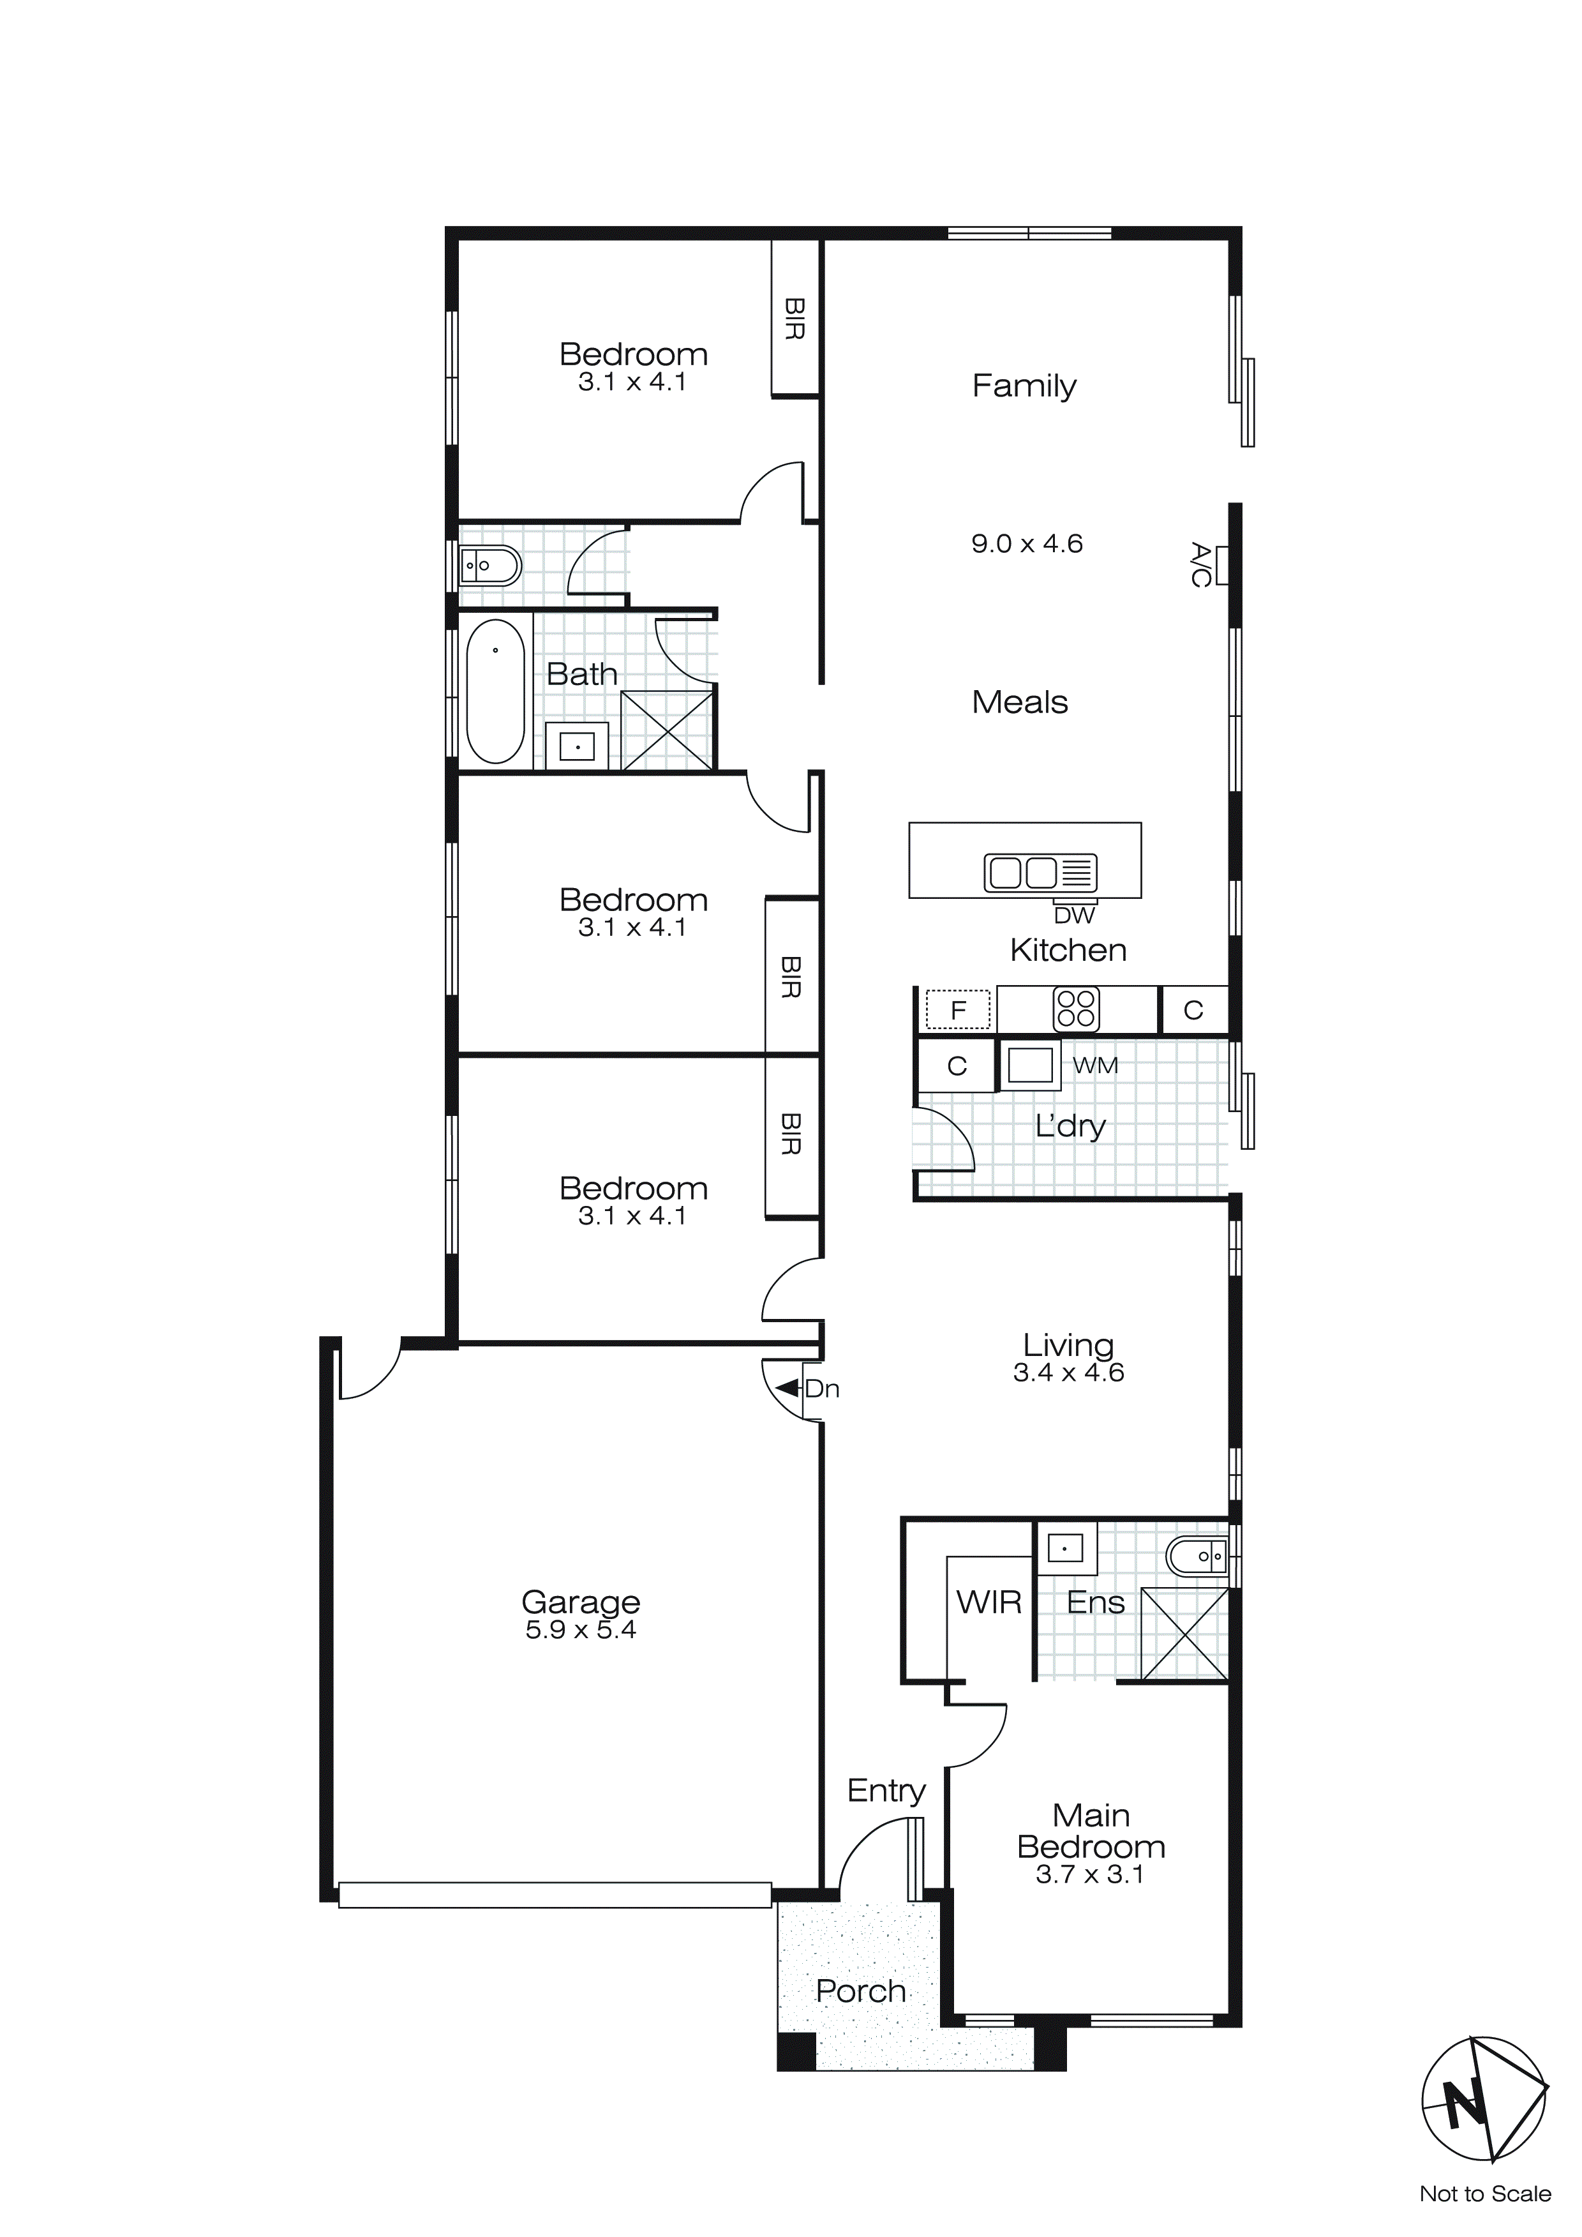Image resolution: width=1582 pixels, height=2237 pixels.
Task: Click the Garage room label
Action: click(581, 1602)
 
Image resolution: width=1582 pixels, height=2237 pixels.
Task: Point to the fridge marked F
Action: click(958, 1009)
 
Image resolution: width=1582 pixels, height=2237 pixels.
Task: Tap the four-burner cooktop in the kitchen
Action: click(1075, 1009)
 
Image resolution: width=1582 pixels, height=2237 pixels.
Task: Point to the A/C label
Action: click(1200, 565)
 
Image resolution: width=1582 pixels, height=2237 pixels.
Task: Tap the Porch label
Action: click(860, 1991)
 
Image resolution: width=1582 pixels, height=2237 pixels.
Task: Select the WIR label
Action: click(989, 1602)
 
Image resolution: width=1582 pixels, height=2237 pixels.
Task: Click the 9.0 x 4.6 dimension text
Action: click(1027, 544)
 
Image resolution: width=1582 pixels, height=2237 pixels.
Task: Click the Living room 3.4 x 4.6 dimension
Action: click(1069, 1373)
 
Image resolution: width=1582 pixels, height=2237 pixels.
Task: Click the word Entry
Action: click(886, 1791)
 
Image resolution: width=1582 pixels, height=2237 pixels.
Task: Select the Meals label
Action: click(1020, 702)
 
